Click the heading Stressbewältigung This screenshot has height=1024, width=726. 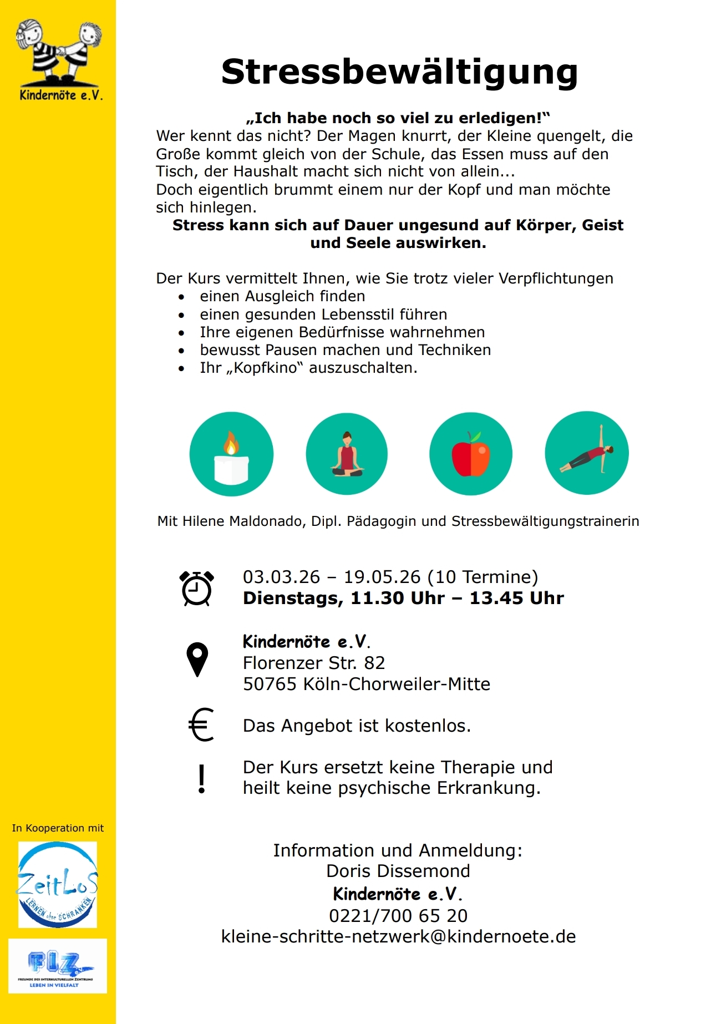[399, 72]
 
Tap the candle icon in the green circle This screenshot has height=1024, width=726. [231, 454]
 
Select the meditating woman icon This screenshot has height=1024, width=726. [347, 454]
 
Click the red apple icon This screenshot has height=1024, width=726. [471, 454]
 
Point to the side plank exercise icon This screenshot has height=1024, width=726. [587, 453]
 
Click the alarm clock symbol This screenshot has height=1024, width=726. [197, 588]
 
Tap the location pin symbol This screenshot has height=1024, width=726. [197, 659]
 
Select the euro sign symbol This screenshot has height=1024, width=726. [201, 724]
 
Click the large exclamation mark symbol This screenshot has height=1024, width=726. [202, 779]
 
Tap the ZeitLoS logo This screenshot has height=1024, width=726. [58, 884]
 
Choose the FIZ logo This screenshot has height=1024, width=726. [58, 966]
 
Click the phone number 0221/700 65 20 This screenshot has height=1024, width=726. [398, 915]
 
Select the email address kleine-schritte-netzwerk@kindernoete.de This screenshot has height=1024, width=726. [398, 936]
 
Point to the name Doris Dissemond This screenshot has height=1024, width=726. [398, 871]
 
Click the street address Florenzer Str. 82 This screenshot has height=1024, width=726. [314, 663]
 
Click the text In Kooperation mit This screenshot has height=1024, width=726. [58, 828]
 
